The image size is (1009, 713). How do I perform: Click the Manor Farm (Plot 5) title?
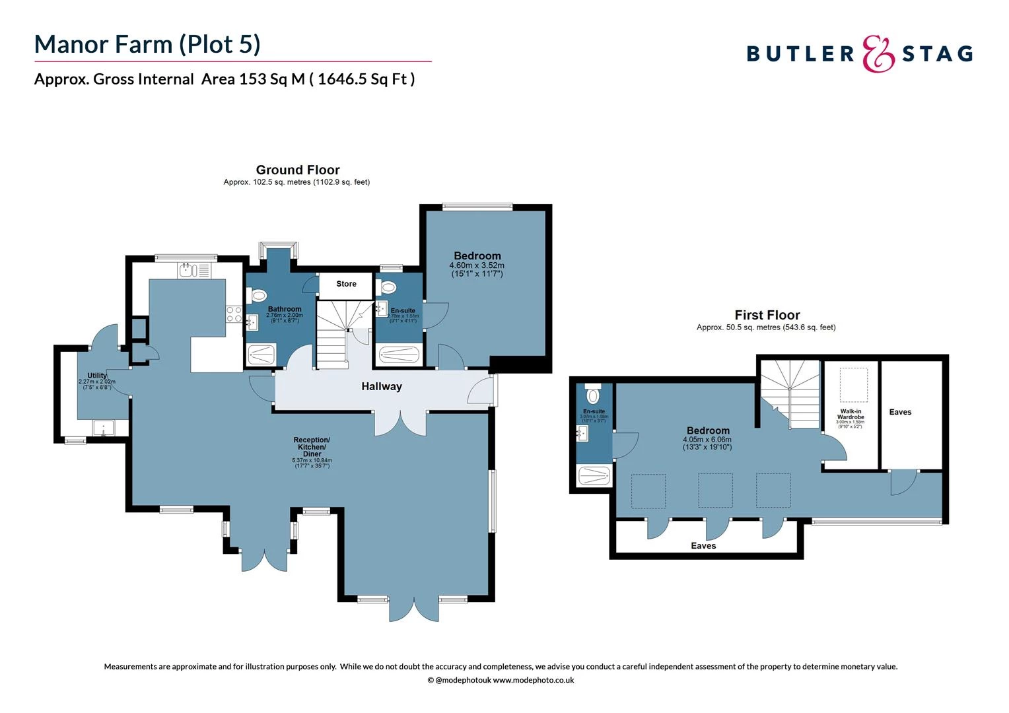[147, 44]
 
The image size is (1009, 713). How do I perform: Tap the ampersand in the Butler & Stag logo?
[878, 53]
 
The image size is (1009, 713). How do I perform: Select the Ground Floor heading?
[298, 170]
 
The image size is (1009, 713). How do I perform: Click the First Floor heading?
[767, 315]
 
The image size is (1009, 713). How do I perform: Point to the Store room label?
[346, 284]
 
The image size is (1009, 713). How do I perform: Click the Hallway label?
[381, 387]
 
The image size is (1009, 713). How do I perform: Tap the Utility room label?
[97, 376]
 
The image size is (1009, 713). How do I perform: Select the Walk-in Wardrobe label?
[851, 415]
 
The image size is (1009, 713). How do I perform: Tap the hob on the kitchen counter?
[234, 314]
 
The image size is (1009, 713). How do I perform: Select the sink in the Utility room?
[104, 428]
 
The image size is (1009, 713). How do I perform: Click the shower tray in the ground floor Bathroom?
[263, 355]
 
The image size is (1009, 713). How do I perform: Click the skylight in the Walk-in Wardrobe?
[853, 385]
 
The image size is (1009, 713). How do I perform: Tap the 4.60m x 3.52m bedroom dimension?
[477, 265]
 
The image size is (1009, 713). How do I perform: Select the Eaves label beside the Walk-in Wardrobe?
[900, 412]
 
